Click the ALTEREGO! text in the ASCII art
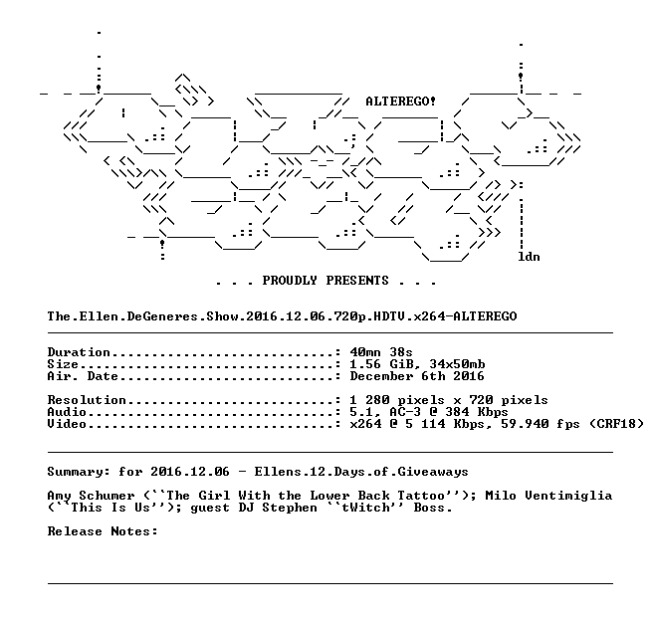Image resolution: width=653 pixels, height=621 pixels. point(400,102)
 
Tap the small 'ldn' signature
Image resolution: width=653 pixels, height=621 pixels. point(529,257)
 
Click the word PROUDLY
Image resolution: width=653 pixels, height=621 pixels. point(290,281)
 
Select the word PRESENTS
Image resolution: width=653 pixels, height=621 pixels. point(357,281)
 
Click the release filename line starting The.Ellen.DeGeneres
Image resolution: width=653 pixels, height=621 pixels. point(282,316)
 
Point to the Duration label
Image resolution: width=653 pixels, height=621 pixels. point(79,352)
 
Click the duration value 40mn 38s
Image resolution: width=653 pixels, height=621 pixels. point(381,352)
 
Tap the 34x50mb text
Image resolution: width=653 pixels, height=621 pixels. point(457,364)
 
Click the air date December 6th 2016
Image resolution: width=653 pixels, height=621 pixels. point(417,376)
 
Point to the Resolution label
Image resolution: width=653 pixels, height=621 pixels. point(87,400)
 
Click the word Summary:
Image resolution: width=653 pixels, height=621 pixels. point(79,472)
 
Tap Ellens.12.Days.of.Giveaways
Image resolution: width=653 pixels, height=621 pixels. point(361,472)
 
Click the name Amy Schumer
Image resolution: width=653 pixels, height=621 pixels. point(91,497)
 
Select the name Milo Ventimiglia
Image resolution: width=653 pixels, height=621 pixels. point(548,497)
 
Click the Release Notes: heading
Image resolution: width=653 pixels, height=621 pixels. point(103,531)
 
